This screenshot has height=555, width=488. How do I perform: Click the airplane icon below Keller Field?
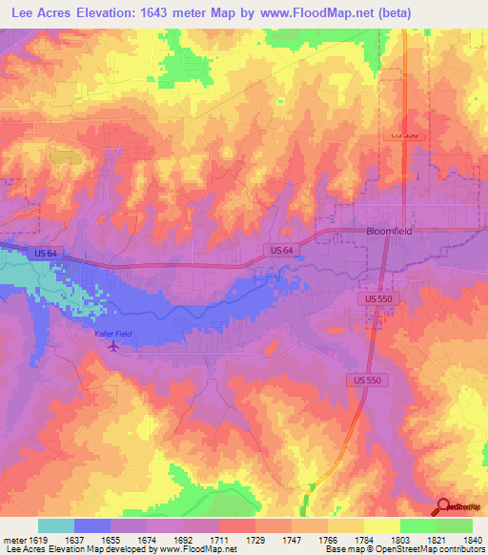[x=115, y=345]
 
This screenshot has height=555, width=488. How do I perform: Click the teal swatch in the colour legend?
[x=55, y=525]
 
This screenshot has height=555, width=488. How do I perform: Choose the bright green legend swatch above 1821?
[x=417, y=525]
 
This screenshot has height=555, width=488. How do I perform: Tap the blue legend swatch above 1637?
[x=91, y=525]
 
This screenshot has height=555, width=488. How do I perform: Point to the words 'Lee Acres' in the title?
[x=43, y=13]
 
